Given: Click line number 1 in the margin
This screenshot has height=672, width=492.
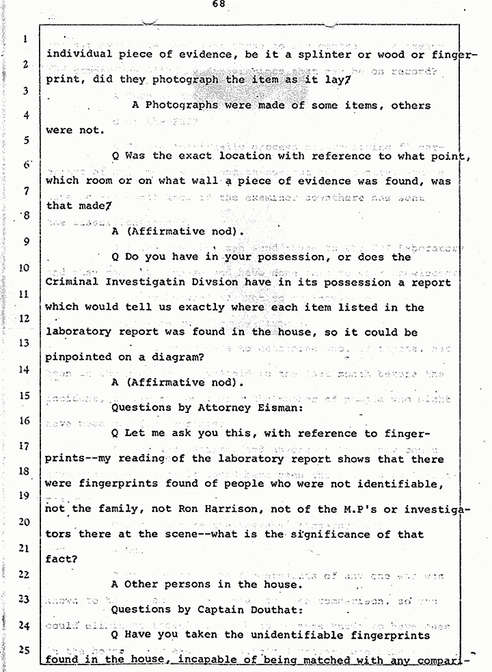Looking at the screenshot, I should pyautogui.click(x=25, y=39).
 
